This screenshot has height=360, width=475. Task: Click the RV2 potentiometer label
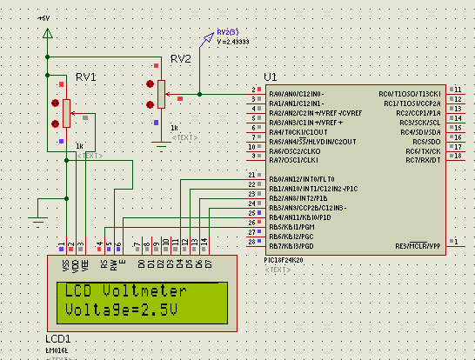tap(180, 59)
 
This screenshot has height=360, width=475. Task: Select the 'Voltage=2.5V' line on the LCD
tap(119, 310)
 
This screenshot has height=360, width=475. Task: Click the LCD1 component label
tap(58, 337)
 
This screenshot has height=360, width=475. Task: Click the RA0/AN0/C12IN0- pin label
tap(297, 93)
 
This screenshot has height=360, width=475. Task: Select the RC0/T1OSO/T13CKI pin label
tap(411, 93)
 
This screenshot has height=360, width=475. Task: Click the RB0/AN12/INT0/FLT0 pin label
tap(301, 179)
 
